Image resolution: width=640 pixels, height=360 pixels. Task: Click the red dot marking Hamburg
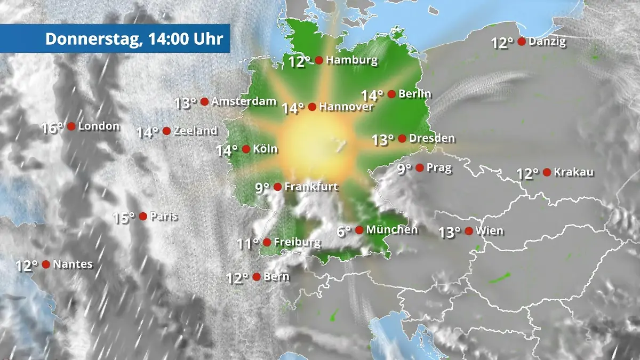point(319,60)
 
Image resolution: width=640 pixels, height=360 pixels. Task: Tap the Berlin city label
point(415,94)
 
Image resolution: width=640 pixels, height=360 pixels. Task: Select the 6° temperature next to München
point(344,231)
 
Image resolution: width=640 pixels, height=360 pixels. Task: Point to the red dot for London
point(71,126)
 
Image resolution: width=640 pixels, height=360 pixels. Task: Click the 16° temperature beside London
point(52,128)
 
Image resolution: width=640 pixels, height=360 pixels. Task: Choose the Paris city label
point(164,217)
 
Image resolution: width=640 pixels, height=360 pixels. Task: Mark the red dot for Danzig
point(522,42)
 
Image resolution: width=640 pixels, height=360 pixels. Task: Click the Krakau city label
point(574,172)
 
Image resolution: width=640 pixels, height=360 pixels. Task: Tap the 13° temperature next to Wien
point(449,233)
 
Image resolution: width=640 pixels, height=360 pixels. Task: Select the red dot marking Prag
point(420,168)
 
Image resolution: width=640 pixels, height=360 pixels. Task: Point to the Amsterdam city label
point(244,101)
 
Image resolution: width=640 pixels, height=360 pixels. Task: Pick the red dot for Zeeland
point(166,131)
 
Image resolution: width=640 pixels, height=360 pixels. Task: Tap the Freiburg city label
point(297,242)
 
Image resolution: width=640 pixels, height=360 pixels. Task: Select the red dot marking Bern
point(257,277)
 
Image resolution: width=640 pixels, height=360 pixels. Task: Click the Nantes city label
point(73,264)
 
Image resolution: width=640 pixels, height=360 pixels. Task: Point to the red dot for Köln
point(246,149)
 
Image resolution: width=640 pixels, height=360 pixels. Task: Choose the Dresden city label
point(433,139)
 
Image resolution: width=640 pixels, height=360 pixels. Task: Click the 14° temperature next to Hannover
point(293,108)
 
